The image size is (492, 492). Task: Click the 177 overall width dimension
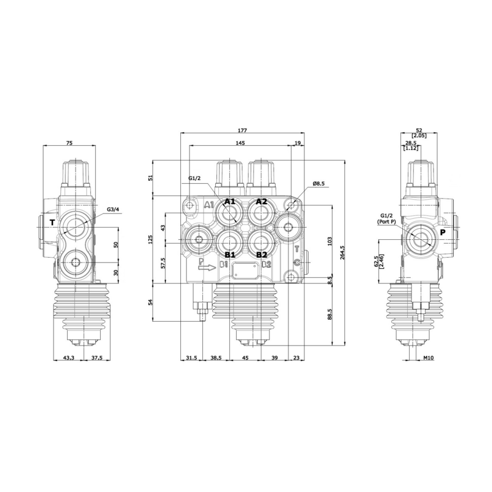pos(242,130)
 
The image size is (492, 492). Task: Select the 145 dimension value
pos(240,143)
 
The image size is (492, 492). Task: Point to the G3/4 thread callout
pos(113,210)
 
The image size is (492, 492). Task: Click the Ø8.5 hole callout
pos(319,183)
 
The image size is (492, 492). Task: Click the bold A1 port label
pos(230,202)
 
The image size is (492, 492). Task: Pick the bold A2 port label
pos(261,202)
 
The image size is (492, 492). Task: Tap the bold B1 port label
pos(230,255)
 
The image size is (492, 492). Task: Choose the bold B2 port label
pos(261,255)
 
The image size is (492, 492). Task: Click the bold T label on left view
pos(52,222)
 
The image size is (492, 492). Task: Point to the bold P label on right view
pos(442,232)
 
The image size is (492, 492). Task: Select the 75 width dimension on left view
pos(69,143)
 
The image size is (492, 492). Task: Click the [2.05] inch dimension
pos(419,136)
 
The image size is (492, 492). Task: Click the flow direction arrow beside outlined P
pos(208,266)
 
